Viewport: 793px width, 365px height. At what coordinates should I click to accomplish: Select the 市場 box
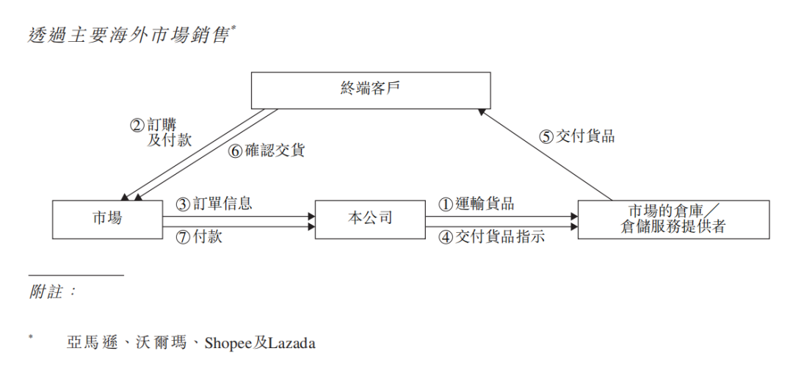(107, 218)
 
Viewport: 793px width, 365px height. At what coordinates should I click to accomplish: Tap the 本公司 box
(369, 218)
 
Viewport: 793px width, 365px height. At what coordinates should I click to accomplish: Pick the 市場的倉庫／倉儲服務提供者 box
(673, 218)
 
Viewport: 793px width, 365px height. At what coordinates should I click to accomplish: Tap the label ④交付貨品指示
(491, 236)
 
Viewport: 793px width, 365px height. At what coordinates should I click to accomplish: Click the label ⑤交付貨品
(576, 136)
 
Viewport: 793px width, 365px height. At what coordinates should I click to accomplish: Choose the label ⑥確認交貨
(266, 151)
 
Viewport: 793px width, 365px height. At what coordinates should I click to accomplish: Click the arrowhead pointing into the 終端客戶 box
(482, 110)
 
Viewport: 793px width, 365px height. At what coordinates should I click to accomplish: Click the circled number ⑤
(546, 137)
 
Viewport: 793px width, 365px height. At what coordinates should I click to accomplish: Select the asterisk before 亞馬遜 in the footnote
(31, 337)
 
